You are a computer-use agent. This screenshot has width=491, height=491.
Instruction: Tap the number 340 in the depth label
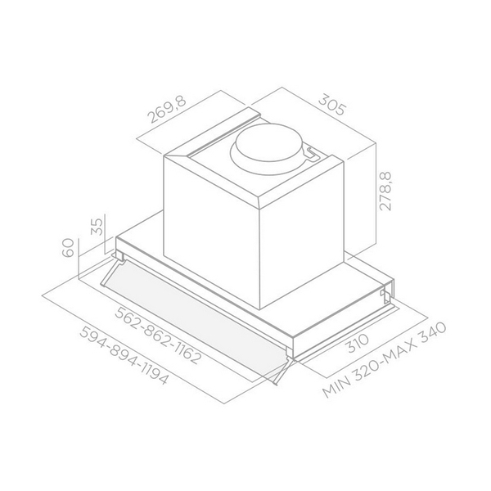pos(426,333)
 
